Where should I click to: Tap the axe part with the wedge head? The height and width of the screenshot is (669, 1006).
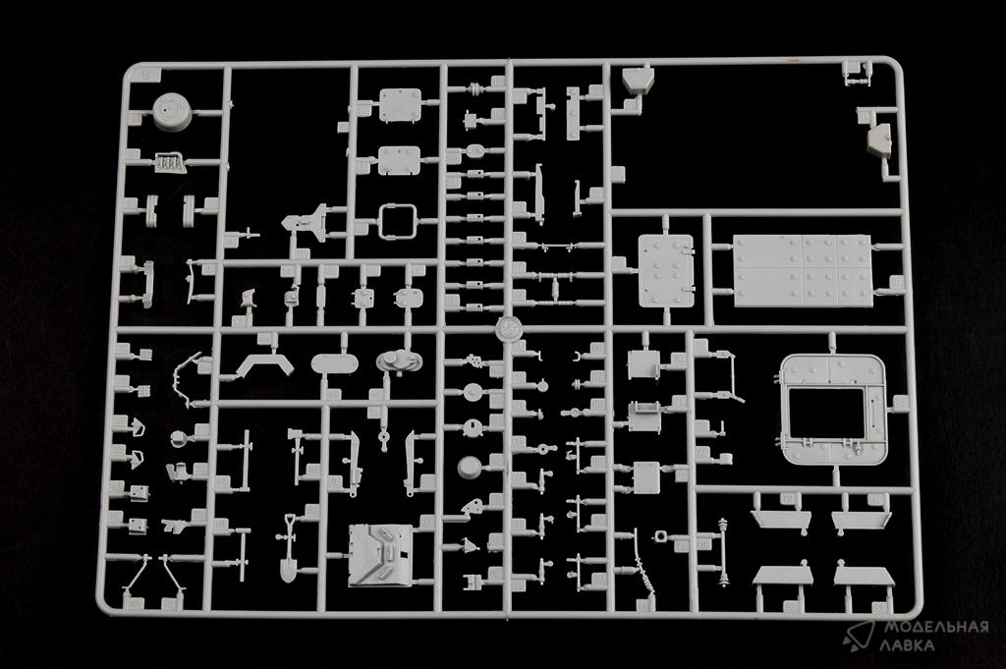pos(298,456)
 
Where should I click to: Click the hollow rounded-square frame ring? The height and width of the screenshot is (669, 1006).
pos(397,221)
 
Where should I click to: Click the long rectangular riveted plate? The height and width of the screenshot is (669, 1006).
pos(803,270)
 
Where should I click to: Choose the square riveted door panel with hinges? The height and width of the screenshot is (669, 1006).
pos(666,270)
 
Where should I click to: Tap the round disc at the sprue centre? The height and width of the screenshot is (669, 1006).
pos(510,328)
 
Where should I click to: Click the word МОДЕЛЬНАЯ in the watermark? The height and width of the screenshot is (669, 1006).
pos(936,627)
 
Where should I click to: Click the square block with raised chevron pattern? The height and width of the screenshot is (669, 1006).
pos(380,555)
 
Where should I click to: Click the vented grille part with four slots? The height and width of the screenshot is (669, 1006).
pos(169,163)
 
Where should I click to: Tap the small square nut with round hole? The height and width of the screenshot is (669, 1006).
pos(661,535)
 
